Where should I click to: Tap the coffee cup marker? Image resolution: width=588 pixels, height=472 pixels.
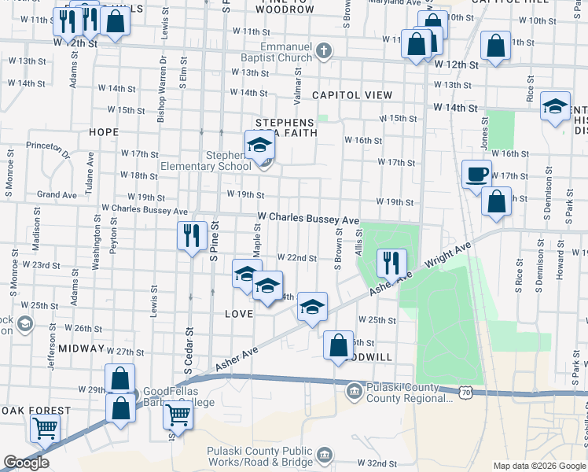[477, 175]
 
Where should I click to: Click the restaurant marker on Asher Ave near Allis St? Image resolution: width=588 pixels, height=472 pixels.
[391, 263]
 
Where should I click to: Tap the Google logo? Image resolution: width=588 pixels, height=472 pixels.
[26, 463]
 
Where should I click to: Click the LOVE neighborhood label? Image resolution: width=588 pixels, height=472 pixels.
[238, 314]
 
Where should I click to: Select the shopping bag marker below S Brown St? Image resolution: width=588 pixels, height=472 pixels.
[338, 346]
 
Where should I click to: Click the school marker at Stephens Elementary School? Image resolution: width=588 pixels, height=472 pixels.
[258, 146]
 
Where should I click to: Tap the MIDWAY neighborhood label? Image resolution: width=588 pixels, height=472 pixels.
[81, 348]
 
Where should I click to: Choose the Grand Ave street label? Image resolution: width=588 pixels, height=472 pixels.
[57, 194]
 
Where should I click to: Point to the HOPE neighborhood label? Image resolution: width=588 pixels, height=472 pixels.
[103, 132]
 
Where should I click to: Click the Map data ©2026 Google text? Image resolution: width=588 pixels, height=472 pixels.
[538, 466]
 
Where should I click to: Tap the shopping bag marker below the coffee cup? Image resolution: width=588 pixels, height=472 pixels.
[496, 203]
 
